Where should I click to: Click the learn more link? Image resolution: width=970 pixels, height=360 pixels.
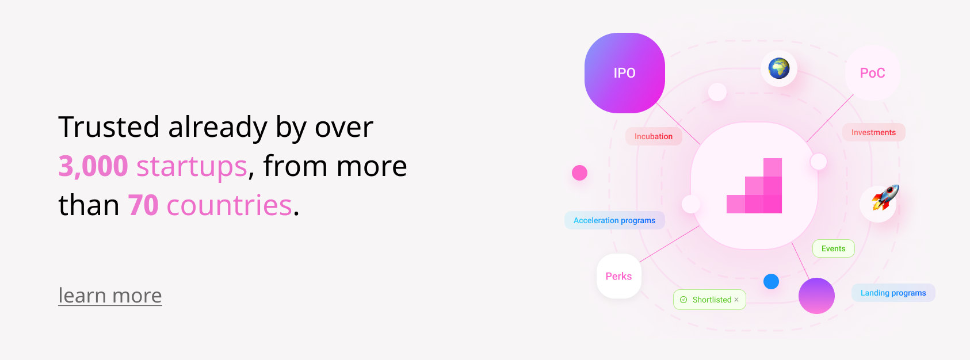click(110, 296)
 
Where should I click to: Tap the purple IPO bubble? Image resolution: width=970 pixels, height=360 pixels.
click(624, 73)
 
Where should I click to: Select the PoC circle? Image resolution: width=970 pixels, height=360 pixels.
click(872, 73)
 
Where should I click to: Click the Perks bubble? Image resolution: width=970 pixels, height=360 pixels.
click(618, 276)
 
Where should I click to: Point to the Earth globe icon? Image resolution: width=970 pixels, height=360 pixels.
click(779, 68)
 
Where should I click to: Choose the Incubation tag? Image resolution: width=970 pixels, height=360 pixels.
click(653, 136)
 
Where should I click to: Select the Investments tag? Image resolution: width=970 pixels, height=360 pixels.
click(873, 132)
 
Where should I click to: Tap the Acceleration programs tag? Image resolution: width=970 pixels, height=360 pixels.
click(614, 220)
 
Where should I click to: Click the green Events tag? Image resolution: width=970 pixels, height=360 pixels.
click(833, 248)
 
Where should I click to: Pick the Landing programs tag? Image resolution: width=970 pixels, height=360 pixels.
click(893, 293)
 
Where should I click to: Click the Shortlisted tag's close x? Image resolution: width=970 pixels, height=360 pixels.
click(736, 300)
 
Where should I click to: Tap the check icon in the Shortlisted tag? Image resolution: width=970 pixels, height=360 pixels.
click(683, 300)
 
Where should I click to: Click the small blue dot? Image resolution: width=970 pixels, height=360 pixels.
click(771, 281)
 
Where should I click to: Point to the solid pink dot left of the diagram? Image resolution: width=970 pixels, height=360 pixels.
click(579, 173)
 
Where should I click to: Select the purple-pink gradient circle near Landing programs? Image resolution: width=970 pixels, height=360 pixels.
click(816, 296)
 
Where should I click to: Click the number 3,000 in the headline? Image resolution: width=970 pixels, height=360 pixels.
click(93, 166)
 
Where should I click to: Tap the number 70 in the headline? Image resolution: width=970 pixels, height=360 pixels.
click(143, 205)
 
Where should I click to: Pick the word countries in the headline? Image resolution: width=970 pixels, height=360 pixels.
click(229, 205)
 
